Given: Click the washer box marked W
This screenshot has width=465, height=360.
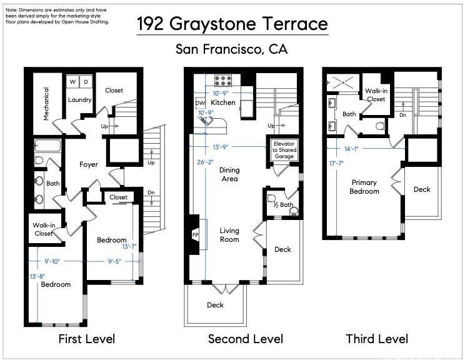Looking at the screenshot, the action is [x=72, y=81].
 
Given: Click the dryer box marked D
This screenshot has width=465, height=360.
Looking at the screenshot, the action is [x=86, y=81].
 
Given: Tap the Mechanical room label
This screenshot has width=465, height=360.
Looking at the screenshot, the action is [x=46, y=104].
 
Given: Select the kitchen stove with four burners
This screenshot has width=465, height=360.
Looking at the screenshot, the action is [x=223, y=81].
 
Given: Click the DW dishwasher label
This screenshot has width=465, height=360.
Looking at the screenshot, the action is [x=201, y=103].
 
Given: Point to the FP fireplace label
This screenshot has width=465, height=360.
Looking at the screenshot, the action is [x=196, y=235].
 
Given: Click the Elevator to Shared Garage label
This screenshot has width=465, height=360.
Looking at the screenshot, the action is [x=284, y=150].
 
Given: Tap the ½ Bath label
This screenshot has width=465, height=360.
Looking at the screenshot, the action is [x=283, y=204].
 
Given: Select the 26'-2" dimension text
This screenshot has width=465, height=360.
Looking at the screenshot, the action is [x=206, y=162].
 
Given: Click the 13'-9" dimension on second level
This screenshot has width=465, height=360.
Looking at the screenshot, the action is [x=221, y=147].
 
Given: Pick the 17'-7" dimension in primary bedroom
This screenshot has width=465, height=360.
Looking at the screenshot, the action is [x=336, y=163].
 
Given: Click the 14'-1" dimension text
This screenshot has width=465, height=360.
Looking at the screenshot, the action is [x=351, y=149].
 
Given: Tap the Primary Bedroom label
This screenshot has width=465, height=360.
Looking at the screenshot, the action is [x=364, y=187].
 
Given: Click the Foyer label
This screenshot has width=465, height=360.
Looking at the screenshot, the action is [x=89, y=164].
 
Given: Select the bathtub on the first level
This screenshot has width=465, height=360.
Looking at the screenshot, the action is [x=47, y=146].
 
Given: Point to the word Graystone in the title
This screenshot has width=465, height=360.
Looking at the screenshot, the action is [x=212, y=24].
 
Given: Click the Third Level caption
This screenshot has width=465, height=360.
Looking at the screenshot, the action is [x=377, y=339].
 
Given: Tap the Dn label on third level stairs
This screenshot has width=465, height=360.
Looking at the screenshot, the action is [x=402, y=115].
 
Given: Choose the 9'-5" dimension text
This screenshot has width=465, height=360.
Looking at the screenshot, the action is [x=114, y=261].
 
